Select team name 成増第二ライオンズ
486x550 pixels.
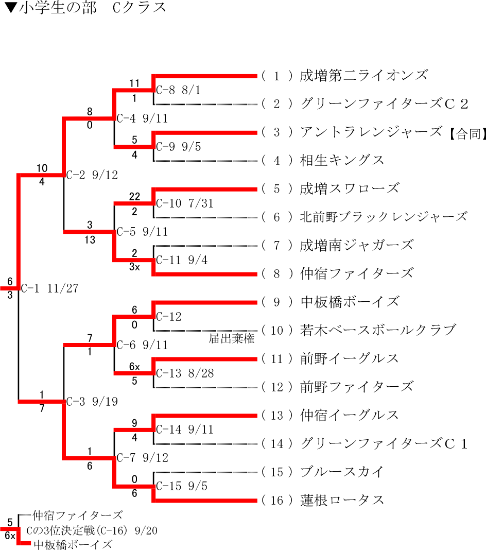(x=363, y=76)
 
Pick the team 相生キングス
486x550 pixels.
(x=342, y=160)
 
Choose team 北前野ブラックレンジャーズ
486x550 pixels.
(x=384, y=217)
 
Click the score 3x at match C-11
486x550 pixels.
(x=134, y=267)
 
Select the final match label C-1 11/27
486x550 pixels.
(x=50, y=288)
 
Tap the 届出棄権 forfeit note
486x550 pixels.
(x=232, y=339)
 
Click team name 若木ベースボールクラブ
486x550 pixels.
(x=378, y=330)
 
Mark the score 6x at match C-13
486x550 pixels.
(x=134, y=367)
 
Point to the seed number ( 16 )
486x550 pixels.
(x=277, y=500)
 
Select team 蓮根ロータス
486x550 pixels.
(x=342, y=500)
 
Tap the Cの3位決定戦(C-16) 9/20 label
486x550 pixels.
(x=92, y=531)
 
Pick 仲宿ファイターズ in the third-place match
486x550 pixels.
(x=78, y=515)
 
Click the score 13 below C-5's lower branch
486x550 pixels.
(x=90, y=239)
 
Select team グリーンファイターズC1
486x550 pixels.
(x=384, y=443)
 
